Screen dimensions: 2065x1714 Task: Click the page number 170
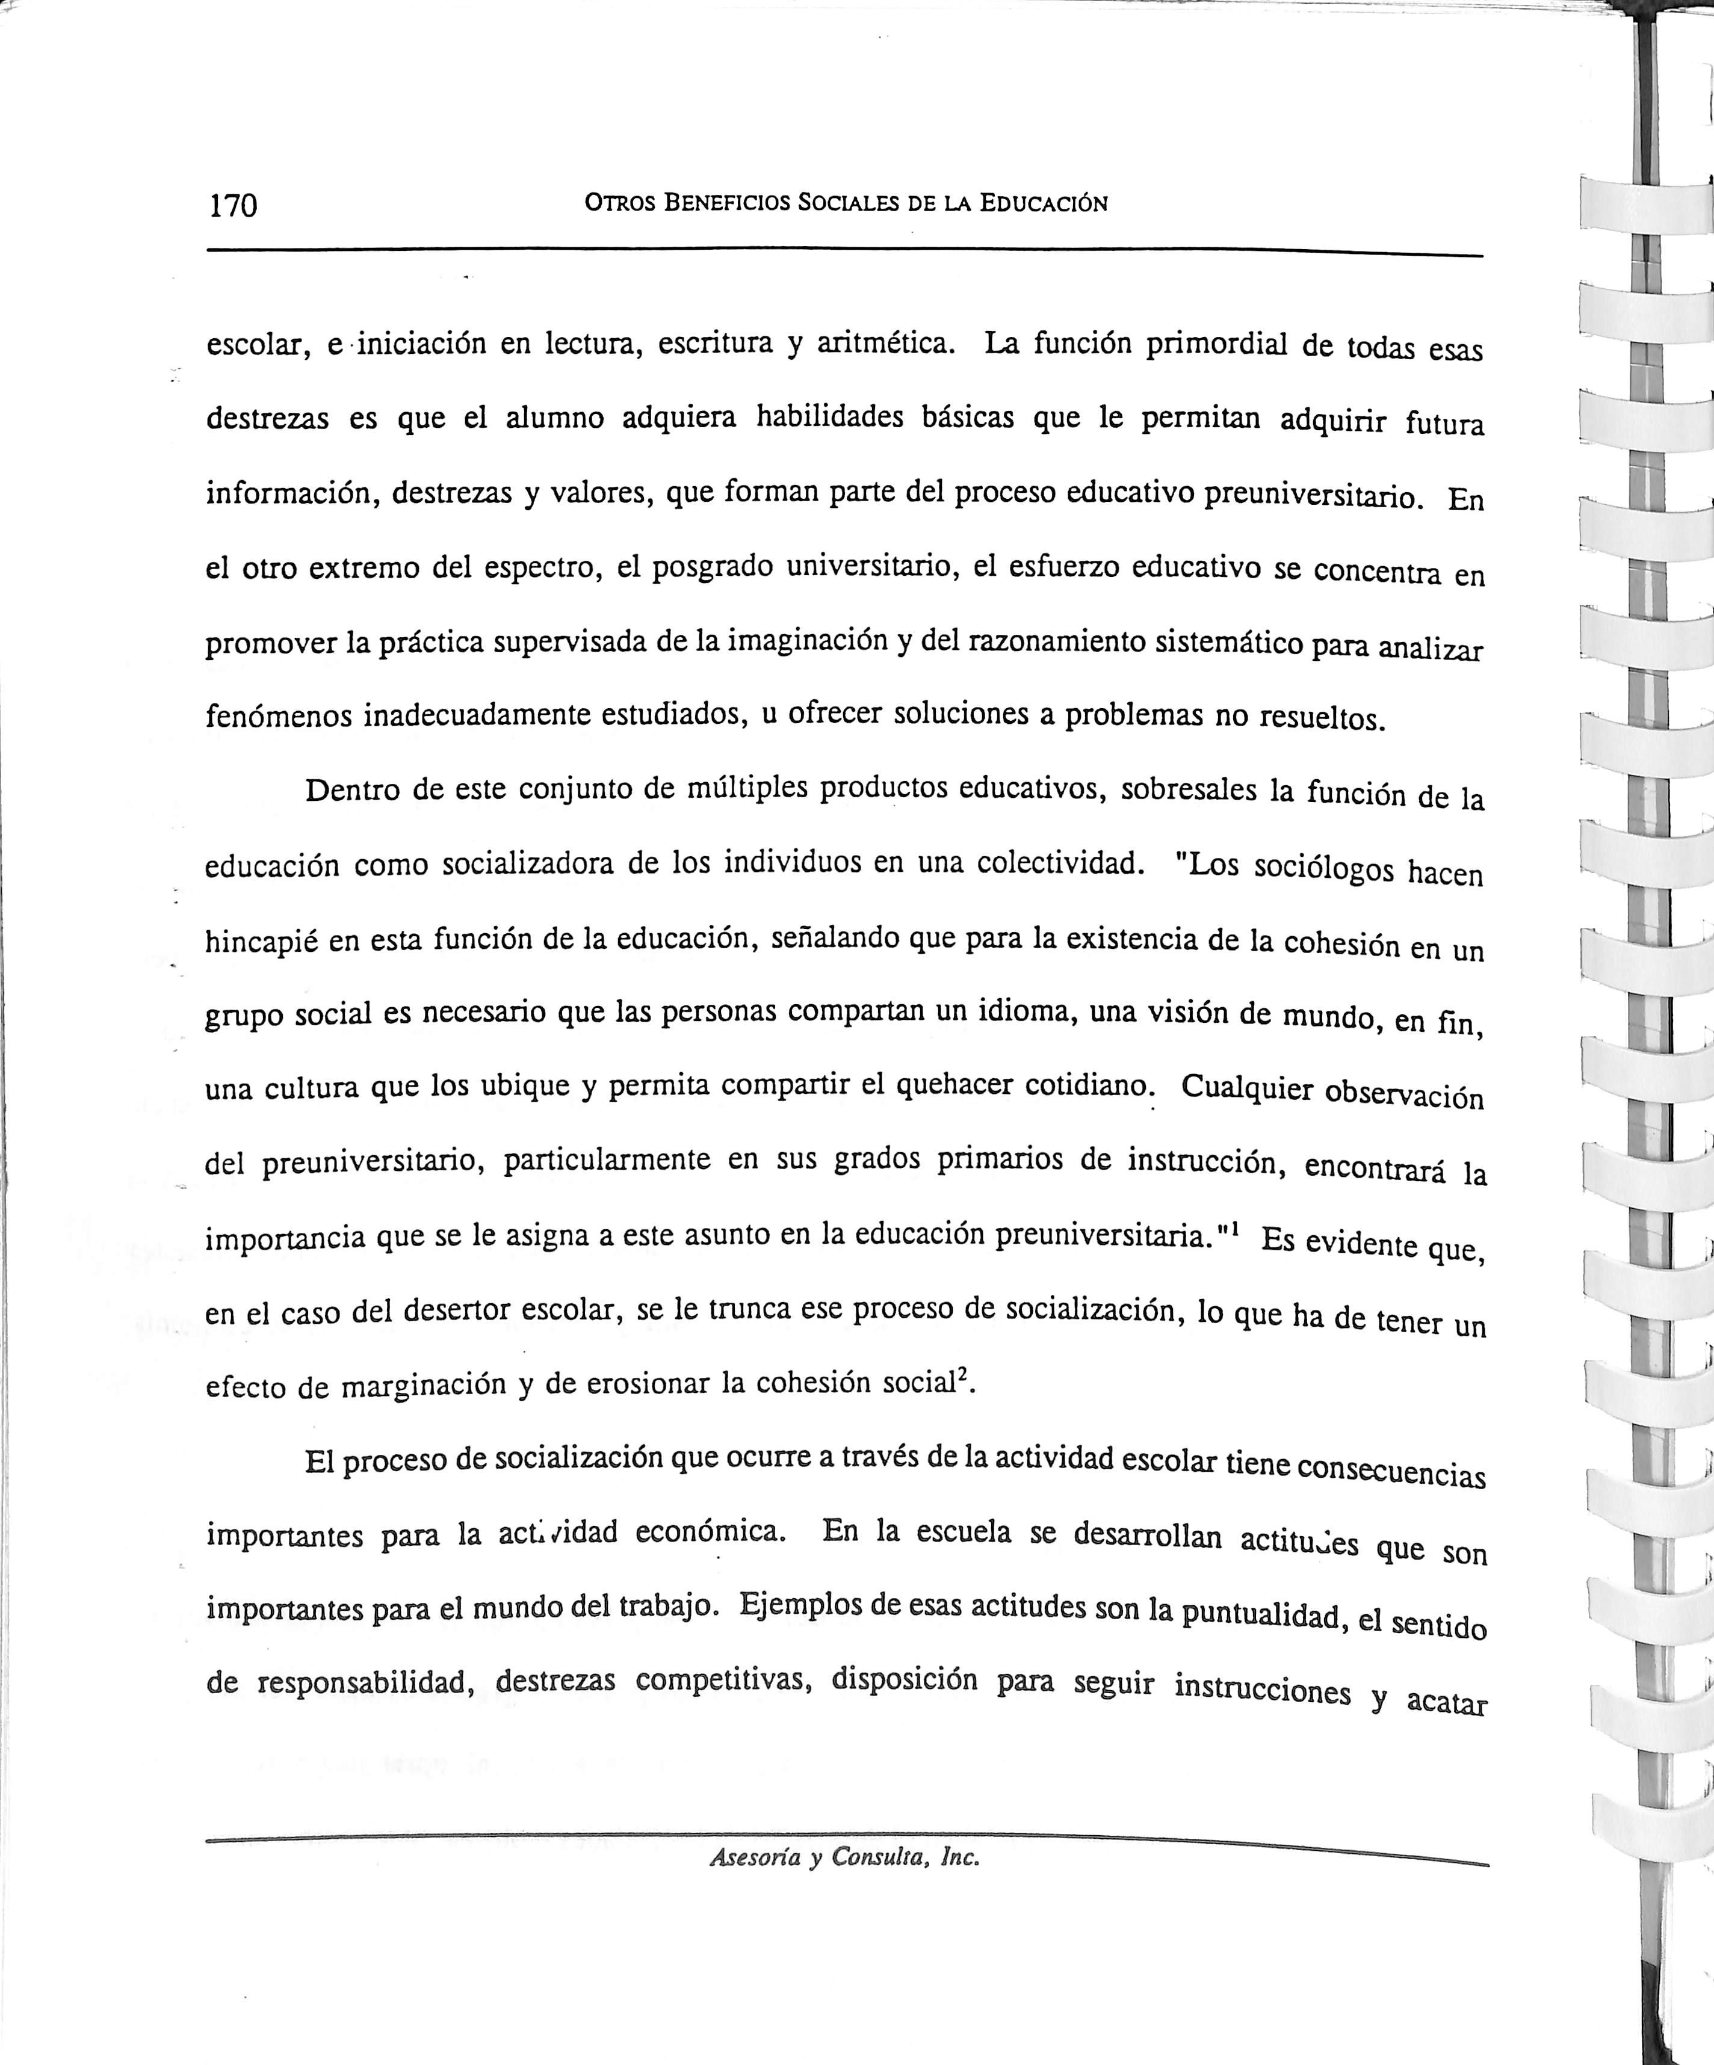coord(233,206)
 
